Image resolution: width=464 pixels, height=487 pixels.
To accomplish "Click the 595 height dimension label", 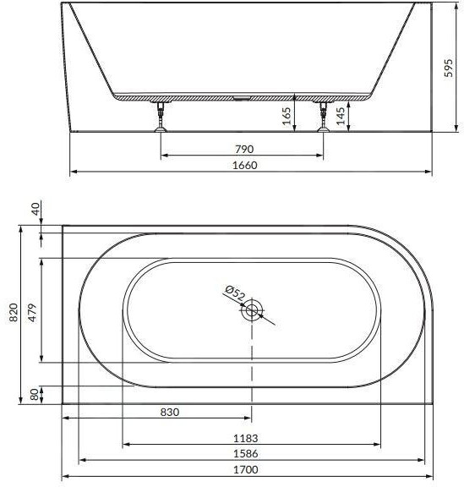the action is (x=448, y=68).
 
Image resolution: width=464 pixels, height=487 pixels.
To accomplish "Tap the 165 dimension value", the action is (x=287, y=116).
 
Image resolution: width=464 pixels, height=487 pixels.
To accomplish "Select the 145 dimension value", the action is (x=341, y=116).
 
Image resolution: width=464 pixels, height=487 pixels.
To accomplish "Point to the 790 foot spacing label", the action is (x=244, y=150).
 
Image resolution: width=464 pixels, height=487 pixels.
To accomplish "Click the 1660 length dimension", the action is (x=245, y=165).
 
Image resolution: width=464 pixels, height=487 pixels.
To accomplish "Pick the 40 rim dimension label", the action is (x=36, y=209).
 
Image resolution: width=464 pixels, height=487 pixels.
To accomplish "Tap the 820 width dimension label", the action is (x=13, y=313).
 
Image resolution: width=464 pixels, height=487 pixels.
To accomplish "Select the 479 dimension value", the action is (x=32, y=313).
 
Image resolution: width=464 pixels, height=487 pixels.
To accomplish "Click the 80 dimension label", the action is (x=35, y=395).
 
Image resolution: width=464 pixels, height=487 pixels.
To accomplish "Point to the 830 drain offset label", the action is (x=170, y=412).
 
